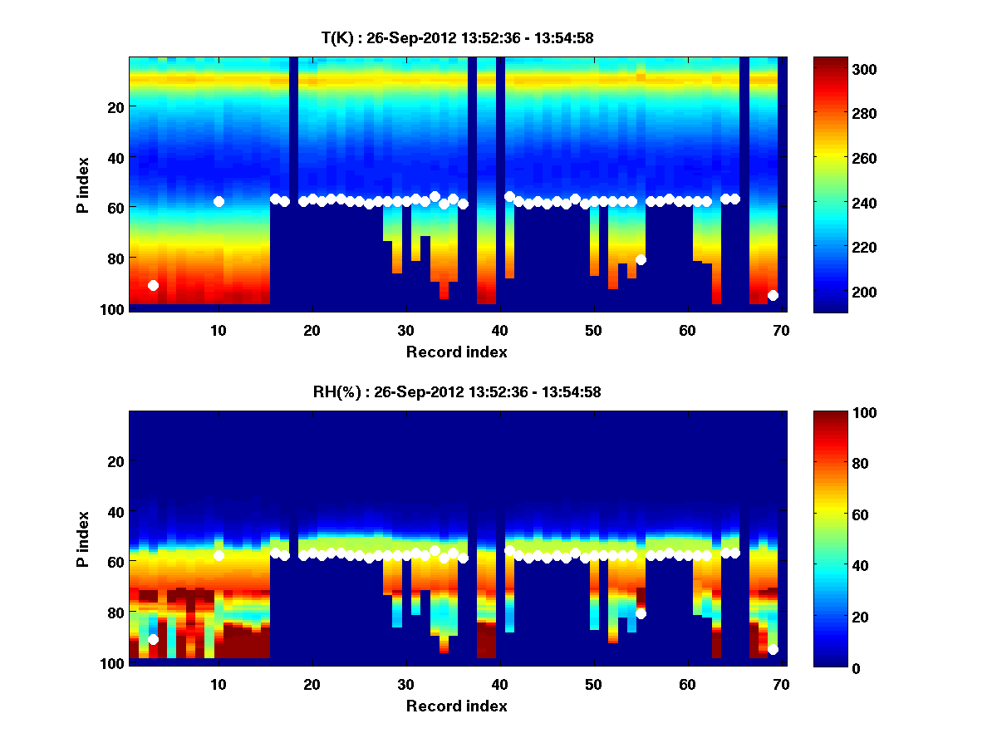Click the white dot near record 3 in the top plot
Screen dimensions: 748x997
tap(153, 285)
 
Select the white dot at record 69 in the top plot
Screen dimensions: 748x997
tap(773, 295)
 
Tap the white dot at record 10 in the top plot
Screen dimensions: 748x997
tap(219, 201)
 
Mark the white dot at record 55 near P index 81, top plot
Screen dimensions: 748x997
tap(641, 259)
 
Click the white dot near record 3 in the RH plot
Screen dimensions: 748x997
tap(153, 639)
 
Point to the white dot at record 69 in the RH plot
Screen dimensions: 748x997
tap(773, 649)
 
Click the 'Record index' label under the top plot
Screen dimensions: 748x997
tap(456, 352)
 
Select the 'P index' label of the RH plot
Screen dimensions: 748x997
tap(83, 540)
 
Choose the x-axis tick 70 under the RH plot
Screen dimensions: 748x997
tap(782, 684)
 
